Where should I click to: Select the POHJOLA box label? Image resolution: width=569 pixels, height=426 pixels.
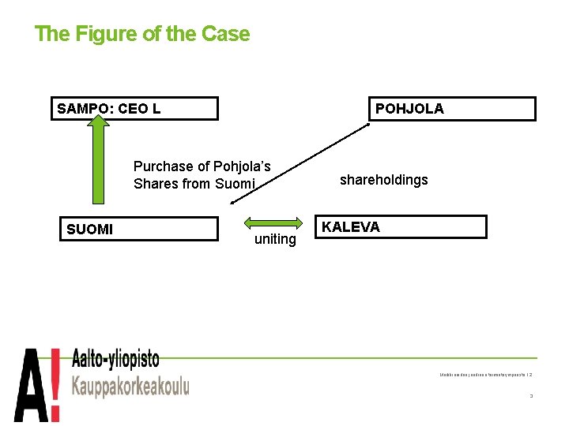pyautogui.click(x=409, y=109)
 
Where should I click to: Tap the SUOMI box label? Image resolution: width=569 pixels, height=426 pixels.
pyautogui.click(x=89, y=230)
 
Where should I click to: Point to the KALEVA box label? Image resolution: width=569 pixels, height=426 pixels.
pyautogui.click(x=350, y=227)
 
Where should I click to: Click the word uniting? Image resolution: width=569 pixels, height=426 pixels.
pyautogui.click(x=275, y=239)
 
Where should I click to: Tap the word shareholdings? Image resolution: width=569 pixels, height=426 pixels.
pyautogui.click(x=383, y=180)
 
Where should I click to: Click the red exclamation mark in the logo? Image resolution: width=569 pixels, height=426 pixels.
pyautogui.click(x=55, y=384)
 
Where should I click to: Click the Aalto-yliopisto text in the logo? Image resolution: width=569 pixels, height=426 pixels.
pyautogui.click(x=115, y=361)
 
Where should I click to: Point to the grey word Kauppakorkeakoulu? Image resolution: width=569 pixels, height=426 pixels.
pyautogui.click(x=130, y=387)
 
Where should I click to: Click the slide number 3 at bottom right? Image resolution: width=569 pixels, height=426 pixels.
pyautogui.click(x=531, y=396)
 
